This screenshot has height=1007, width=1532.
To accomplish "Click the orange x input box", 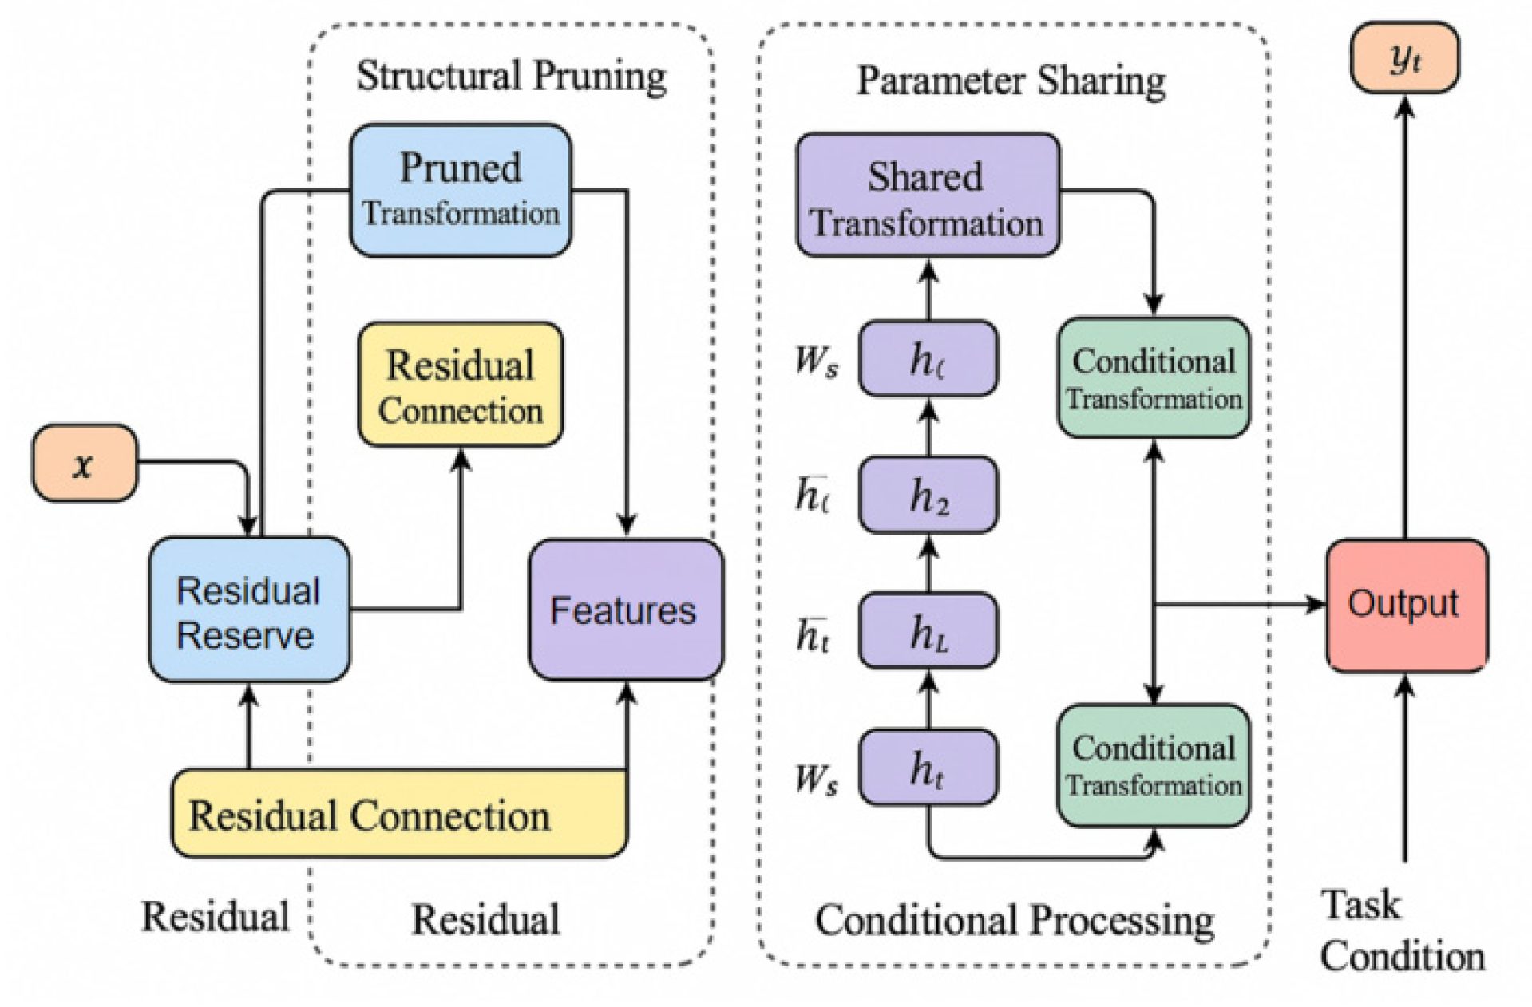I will [85, 464].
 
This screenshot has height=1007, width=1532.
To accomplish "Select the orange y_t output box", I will [1404, 58].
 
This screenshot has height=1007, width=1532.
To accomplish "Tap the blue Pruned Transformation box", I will [461, 190].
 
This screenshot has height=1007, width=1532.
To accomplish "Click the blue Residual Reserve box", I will [249, 610].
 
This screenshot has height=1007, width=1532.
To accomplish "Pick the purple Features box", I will [626, 610].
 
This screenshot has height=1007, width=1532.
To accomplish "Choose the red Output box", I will [1406, 605].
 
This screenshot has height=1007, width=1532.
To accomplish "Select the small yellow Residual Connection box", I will [461, 385].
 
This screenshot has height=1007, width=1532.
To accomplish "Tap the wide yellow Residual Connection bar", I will [399, 815].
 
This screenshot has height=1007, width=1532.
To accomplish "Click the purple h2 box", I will [928, 496].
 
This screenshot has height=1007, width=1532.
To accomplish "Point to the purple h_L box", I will [928, 632].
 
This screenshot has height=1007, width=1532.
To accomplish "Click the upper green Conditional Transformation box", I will [1154, 378].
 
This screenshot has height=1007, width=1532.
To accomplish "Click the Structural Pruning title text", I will [511, 77].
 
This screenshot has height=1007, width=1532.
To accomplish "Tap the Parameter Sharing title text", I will [1011, 81].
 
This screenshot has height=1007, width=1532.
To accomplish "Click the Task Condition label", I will [1401, 930].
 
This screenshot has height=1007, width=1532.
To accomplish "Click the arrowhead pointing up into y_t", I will [1405, 108].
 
